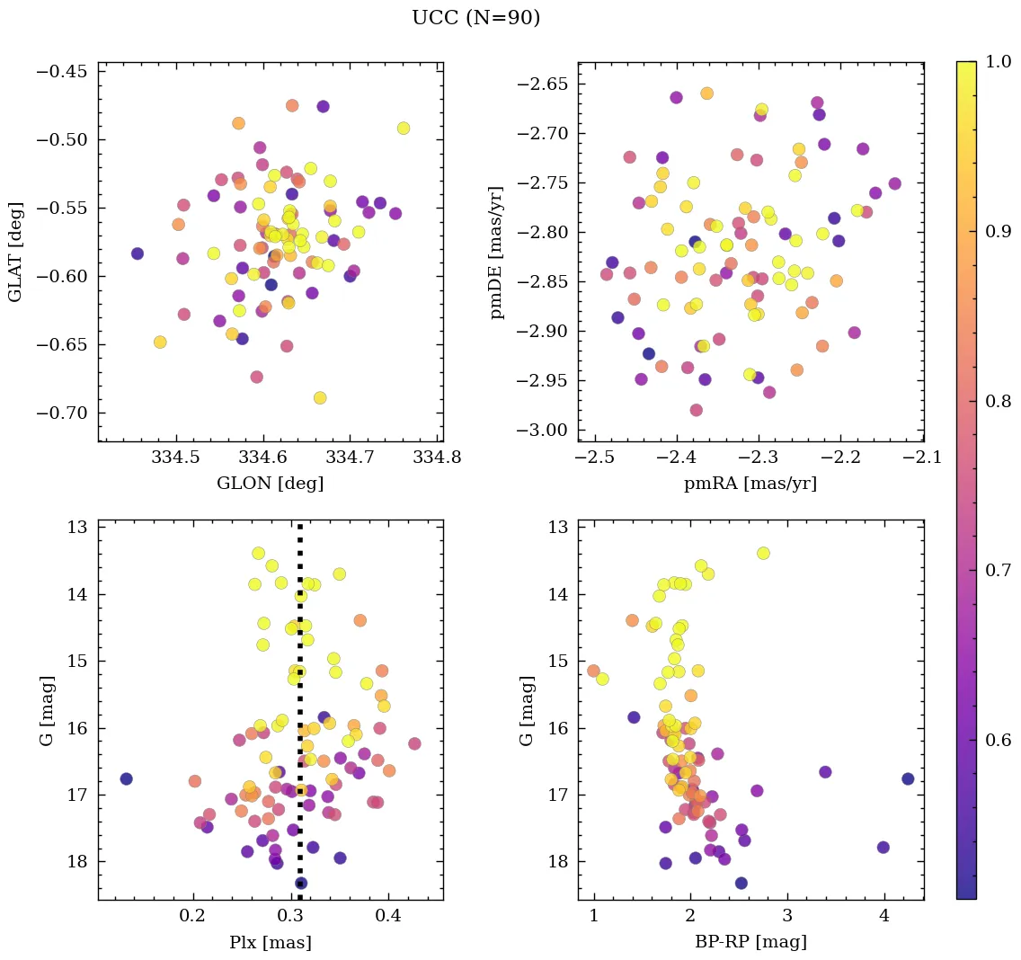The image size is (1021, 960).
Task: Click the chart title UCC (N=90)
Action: [x=475, y=18]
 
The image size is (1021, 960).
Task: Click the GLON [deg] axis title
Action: [x=270, y=484]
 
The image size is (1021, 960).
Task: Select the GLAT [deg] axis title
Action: [x=15, y=251]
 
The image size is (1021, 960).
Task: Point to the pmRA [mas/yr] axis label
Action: [x=750, y=484]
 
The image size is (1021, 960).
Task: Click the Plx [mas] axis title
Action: [x=270, y=942]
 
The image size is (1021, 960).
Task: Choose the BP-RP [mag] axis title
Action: [x=750, y=942]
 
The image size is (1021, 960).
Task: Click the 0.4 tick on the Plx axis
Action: [x=388, y=918]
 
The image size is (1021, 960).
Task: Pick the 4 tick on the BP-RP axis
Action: [x=884, y=918]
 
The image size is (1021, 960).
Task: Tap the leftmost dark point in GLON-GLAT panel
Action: [x=137, y=253]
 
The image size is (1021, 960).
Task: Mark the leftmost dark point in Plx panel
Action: [x=126, y=778]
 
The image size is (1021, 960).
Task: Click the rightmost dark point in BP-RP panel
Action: [x=908, y=778]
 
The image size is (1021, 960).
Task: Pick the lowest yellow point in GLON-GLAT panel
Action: [x=319, y=397]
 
